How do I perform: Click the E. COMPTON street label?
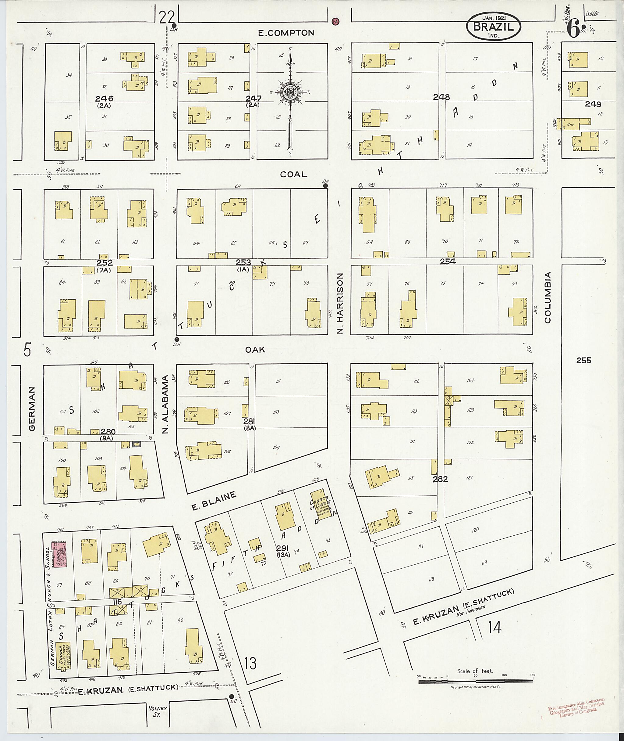coord(286,33)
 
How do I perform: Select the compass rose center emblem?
coord(290,92)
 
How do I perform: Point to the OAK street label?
coord(255,350)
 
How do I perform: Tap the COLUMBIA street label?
coord(548,297)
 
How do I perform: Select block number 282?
coord(440,479)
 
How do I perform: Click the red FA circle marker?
coord(335,22)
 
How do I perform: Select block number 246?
coord(104,98)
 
